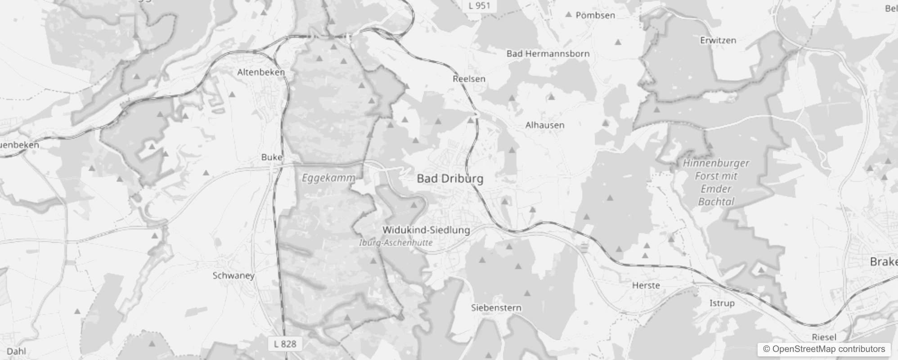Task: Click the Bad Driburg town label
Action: (450, 179)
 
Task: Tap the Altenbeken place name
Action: (261, 72)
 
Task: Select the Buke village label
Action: (272, 157)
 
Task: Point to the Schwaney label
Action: (233, 275)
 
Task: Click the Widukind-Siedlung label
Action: (426, 230)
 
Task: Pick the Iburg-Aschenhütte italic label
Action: (396, 243)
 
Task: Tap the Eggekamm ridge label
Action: (328, 178)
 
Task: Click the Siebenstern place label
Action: (496, 308)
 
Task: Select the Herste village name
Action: (646, 285)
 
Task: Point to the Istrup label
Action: (722, 303)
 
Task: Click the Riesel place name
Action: (824, 337)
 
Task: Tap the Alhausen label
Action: (545, 125)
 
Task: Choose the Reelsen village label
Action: (469, 79)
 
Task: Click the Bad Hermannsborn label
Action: (548, 54)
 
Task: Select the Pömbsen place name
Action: (595, 15)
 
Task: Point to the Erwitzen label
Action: (718, 40)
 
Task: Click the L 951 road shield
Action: (479, 6)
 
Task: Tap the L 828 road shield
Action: (285, 344)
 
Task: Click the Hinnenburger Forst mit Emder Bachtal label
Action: (716, 182)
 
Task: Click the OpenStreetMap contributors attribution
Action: (824, 349)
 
